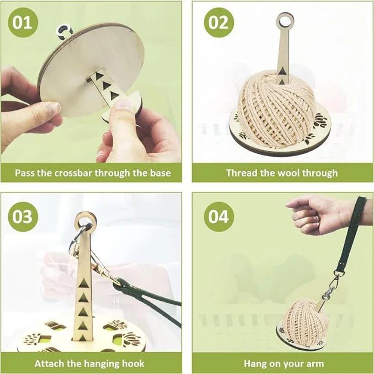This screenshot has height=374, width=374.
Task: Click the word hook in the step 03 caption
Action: click(x=133, y=363)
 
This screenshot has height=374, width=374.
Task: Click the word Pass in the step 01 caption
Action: click(x=24, y=173)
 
